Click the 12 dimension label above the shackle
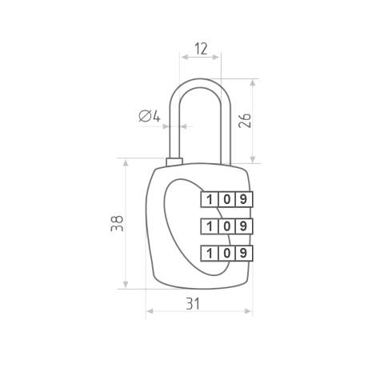(x=201, y=49)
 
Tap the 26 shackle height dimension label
(x=245, y=121)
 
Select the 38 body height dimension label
(x=117, y=223)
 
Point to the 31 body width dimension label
(x=193, y=303)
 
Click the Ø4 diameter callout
(x=150, y=116)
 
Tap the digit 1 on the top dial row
(x=210, y=199)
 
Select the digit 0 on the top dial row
(x=226, y=199)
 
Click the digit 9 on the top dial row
(x=243, y=199)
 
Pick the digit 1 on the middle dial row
(x=210, y=226)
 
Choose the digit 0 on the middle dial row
(x=226, y=226)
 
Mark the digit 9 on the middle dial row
(x=243, y=226)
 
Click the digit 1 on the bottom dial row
(x=210, y=253)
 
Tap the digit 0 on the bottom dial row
(x=226, y=253)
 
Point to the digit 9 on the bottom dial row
(x=243, y=253)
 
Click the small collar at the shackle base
(x=174, y=162)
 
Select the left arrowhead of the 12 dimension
(x=185, y=57)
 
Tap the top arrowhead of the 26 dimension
(x=253, y=82)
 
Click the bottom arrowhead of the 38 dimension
(x=126, y=284)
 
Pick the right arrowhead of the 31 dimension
(x=248, y=311)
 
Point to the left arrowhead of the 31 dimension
(x=150, y=311)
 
